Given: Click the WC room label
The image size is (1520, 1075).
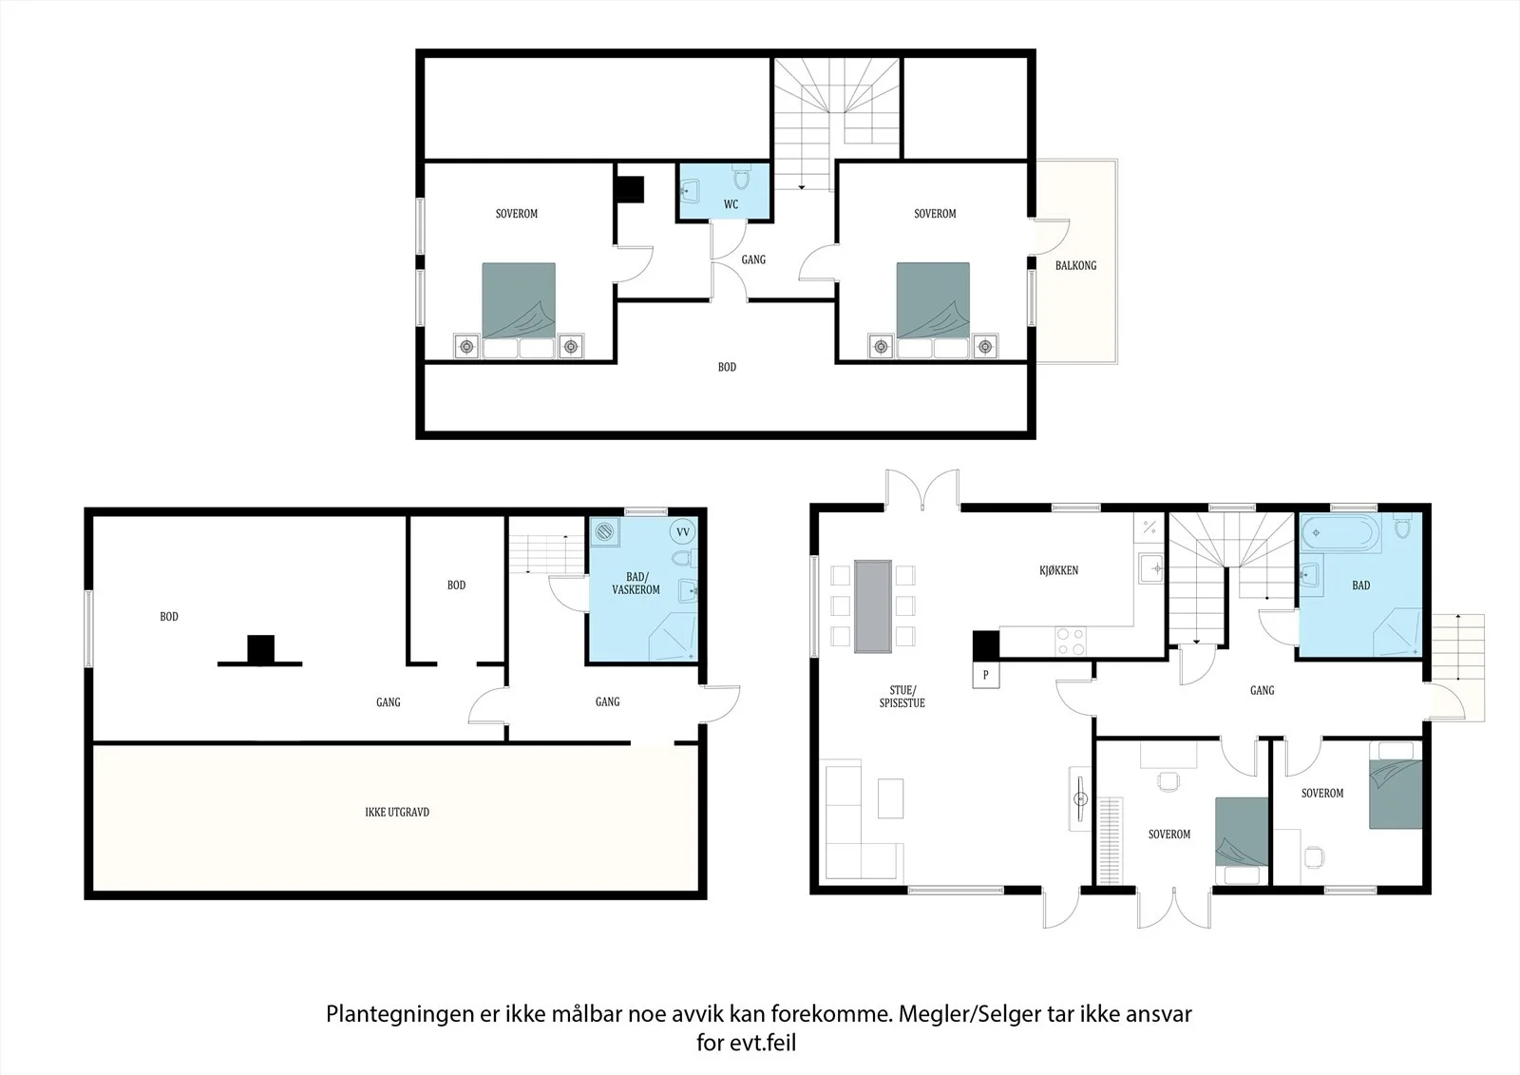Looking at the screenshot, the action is coord(731,204).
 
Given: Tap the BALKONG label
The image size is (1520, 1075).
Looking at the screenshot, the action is coord(1075,265).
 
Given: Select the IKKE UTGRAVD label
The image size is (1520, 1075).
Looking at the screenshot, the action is coord(397,812).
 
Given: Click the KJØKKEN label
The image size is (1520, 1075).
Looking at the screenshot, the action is coord(1058,570).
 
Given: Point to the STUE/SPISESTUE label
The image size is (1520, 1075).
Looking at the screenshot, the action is coord(902,697).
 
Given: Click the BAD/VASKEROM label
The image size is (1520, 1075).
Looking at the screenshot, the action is coord(636,584).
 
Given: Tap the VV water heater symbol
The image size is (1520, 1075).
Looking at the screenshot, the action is coord(682,531).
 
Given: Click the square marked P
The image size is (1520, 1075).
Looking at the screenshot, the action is coord(985,675).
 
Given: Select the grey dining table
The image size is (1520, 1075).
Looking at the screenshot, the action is coord(873,606).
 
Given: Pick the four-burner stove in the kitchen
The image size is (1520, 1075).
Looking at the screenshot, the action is coord(1070,642).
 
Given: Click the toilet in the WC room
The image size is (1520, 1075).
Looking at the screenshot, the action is coord(741,177).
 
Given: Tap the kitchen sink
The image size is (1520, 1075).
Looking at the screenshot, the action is coord(1151,568).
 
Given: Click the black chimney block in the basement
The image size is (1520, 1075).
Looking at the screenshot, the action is coord(260,649).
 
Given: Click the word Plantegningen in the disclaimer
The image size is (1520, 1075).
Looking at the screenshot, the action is coord(400,1014).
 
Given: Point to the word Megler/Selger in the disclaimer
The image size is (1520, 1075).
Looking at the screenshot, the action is coord(960,1014).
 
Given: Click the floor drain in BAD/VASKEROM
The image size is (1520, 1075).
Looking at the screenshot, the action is coord(604,532).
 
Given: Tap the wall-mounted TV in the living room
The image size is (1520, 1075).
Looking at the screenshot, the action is coord(1079,798).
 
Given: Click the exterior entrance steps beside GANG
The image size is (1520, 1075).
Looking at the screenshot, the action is coord(1457,645).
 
